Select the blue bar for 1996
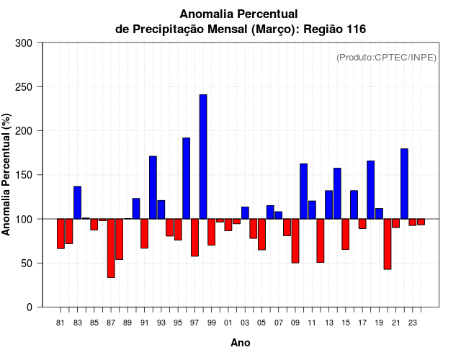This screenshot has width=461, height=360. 187,178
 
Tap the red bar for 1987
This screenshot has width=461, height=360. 111,248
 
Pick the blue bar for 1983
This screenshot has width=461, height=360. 77,202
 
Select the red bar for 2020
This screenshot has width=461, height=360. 388,243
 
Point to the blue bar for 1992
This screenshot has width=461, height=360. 153,187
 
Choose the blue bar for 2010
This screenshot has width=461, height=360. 304,191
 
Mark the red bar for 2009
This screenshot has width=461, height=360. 295,240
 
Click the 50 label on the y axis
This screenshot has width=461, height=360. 28,264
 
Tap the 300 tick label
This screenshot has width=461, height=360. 24,43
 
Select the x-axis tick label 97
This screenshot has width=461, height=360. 194,323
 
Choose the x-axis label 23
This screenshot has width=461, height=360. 413,323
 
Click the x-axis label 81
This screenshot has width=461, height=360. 61,323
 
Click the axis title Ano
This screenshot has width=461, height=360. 241,343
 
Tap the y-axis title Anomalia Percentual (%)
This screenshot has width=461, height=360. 6,174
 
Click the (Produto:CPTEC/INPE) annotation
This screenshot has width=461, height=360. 387,58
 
